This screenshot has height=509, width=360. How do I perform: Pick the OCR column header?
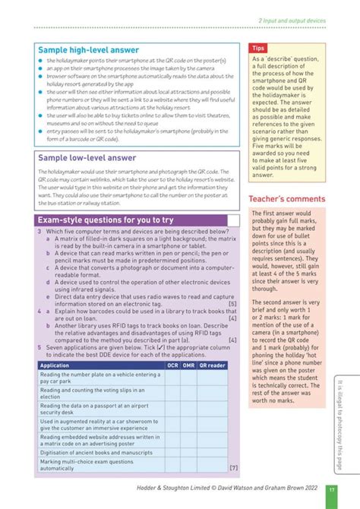[x=173, y=365]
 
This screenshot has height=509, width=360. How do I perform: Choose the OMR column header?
[x=191, y=365]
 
